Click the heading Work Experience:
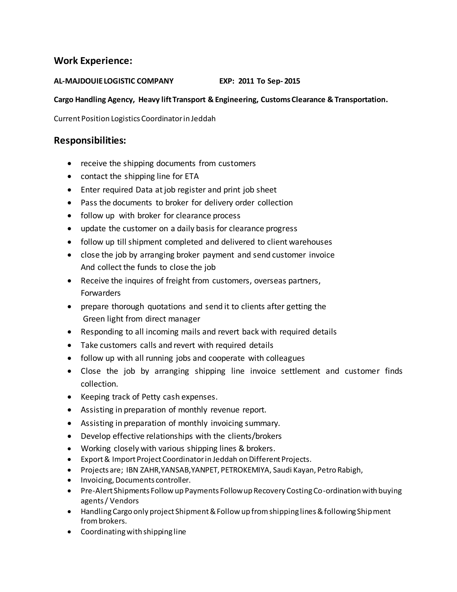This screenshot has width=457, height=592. tap(93, 61)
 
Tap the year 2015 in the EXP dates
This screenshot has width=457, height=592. tap(292, 81)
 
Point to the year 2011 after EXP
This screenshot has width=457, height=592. tap(246, 81)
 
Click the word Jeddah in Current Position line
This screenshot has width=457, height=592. tap(203, 119)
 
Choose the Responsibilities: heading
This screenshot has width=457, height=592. tap(90, 141)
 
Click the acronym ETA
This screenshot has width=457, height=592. tap(192, 176)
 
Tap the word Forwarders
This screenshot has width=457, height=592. tap(100, 293)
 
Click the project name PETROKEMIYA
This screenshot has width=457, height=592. tap(245, 470)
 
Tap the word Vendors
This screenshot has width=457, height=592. tap(124, 501)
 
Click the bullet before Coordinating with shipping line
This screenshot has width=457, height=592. tap(70, 532)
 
